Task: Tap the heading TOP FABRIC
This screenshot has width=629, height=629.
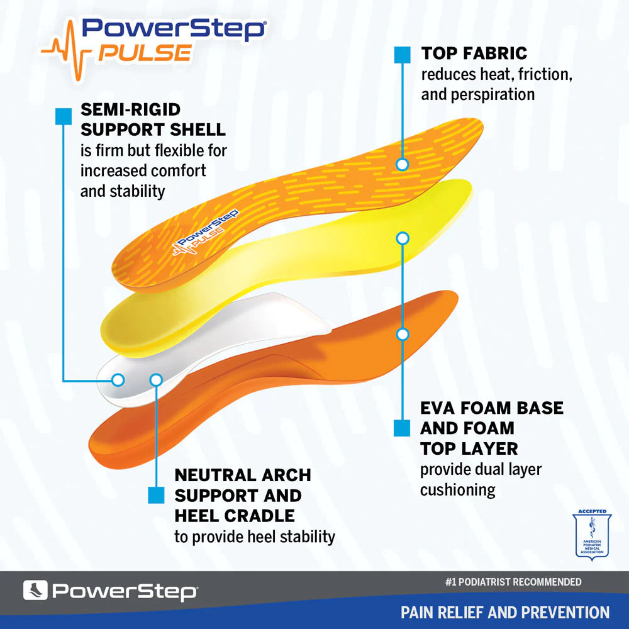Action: [474, 53]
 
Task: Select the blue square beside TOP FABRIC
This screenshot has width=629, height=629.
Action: [402, 54]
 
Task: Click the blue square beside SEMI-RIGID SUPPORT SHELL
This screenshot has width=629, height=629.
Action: [64, 116]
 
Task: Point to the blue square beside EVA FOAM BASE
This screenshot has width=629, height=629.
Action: [402, 428]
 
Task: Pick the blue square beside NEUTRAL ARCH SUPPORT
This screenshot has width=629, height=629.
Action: [155, 495]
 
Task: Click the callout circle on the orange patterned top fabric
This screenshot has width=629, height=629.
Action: [403, 165]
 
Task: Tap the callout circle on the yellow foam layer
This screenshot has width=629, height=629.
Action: [403, 238]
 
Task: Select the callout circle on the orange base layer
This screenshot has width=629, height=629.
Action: [403, 334]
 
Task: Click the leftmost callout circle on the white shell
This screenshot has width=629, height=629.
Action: [118, 380]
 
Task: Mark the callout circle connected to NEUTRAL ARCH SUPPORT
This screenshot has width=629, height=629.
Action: [156, 380]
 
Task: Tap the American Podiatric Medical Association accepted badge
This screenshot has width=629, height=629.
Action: [592, 535]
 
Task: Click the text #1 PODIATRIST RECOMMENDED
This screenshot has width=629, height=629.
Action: [513, 582]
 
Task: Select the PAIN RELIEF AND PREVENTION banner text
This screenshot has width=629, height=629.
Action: [505, 612]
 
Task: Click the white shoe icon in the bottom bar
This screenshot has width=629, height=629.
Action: [35, 591]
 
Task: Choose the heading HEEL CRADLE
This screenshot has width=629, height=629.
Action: [234, 516]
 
